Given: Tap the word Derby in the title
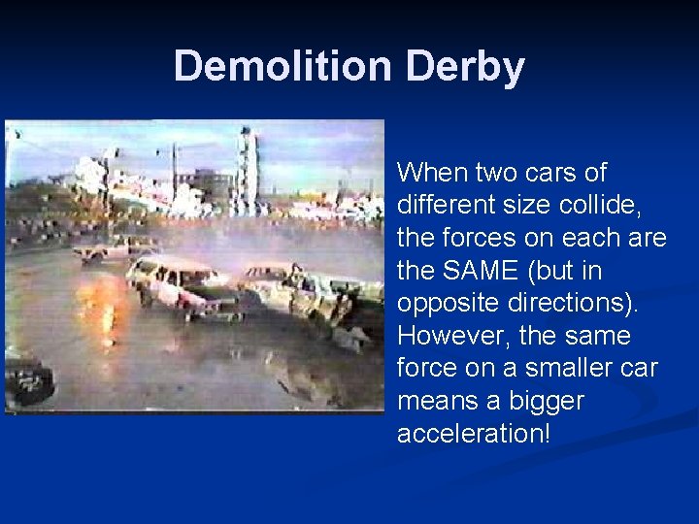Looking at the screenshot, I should pos(465,66).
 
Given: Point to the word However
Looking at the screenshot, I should pos(452,336).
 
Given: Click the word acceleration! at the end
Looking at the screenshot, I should pos(473,433).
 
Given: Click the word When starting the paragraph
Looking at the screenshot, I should pos(433,173).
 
